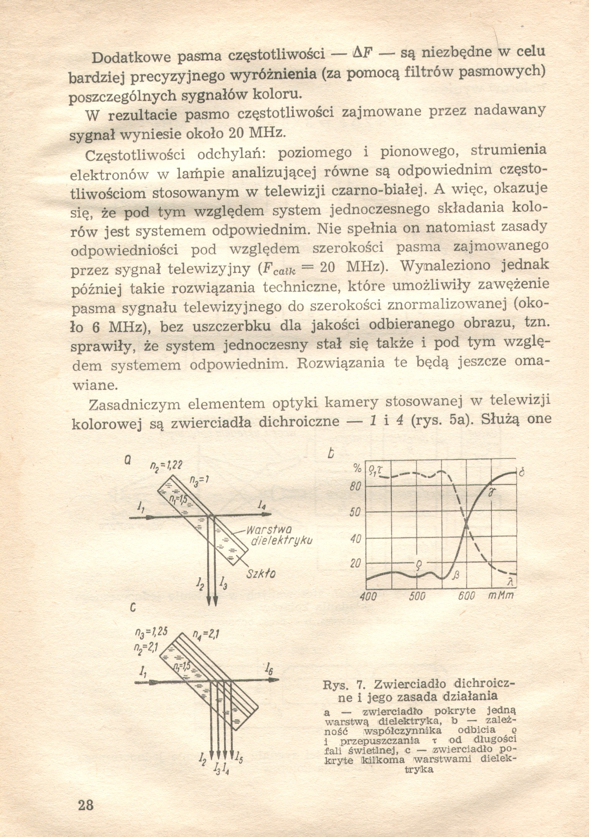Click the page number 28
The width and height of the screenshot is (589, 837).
(x=86, y=804)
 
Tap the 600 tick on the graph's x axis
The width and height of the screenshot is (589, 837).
(x=466, y=596)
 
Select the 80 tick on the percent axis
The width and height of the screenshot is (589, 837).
(x=356, y=487)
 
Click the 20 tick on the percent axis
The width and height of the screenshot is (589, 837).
(x=356, y=564)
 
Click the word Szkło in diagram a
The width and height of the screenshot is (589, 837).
(x=261, y=574)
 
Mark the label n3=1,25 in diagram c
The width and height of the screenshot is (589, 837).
(x=151, y=632)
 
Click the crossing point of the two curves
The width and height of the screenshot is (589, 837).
(x=466, y=524)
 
